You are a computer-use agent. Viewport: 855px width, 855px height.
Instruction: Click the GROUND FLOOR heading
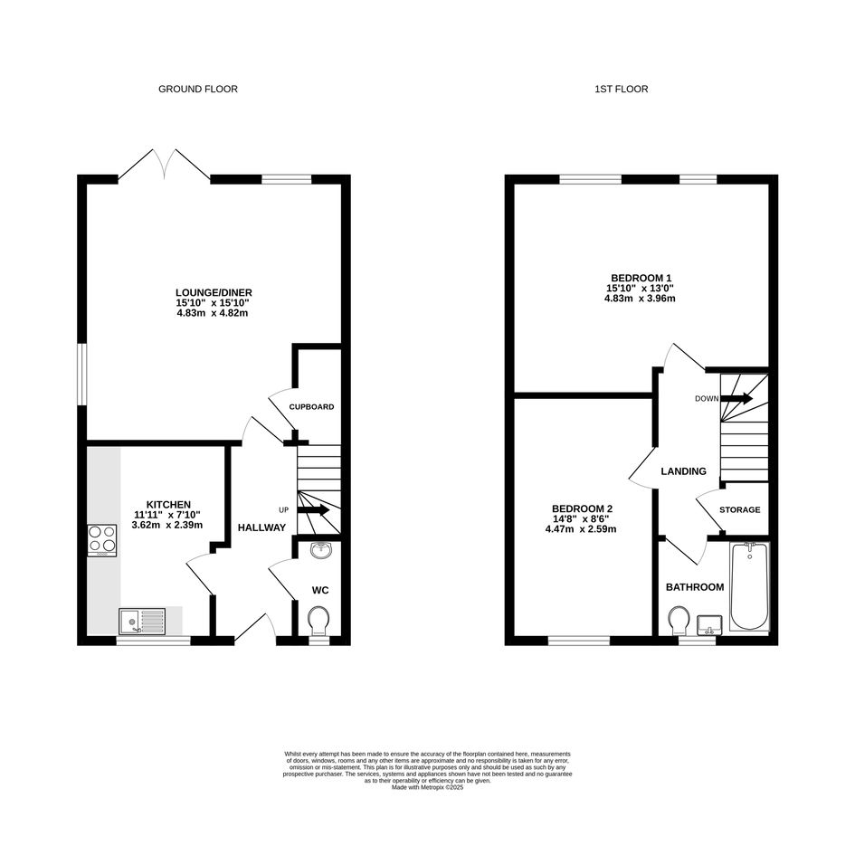tap(198, 89)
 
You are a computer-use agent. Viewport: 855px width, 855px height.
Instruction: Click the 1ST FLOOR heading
tap(621, 89)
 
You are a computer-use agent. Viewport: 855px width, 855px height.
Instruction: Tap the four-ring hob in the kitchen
tap(102, 540)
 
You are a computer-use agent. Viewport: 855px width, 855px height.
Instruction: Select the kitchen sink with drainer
tap(142, 622)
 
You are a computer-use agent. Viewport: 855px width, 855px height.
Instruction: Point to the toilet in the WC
tap(318, 621)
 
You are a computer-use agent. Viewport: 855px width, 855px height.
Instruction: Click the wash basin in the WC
tap(321, 550)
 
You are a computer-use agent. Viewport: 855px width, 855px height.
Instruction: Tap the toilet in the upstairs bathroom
tap(679, 621)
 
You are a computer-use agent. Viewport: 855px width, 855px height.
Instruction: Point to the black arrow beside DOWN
tap(736, 399)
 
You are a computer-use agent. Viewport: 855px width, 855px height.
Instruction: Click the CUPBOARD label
tap(311, 407)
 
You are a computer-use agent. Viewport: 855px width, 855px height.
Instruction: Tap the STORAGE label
tap(739, 510)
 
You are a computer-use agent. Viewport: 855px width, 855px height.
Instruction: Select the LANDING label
tap(683, 471)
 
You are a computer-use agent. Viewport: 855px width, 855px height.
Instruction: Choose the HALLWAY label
tap(261, 527)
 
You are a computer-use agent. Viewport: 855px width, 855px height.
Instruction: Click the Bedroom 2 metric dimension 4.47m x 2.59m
tap(581, 529)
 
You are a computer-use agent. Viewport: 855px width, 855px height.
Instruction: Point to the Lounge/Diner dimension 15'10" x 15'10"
tap(214, 303)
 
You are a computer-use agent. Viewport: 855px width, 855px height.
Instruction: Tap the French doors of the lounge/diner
tap(164, 164)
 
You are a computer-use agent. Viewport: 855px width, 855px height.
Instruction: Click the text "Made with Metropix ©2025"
tap(427, 787)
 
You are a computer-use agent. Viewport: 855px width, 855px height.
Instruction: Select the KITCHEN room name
tap(168, 505)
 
